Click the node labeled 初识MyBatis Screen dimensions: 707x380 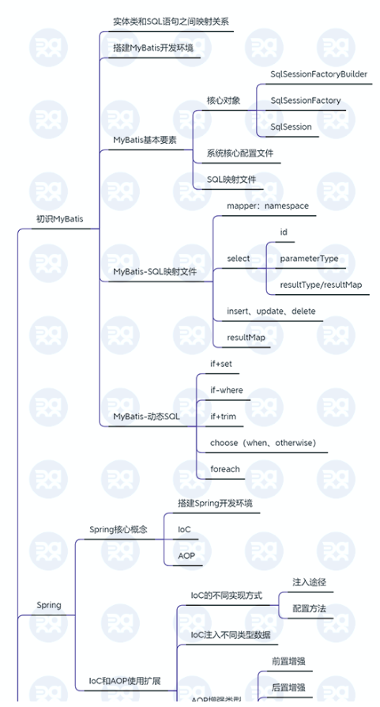[59, 219]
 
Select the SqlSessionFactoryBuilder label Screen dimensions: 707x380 [318, 74]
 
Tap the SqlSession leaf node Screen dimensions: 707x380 [291, 127]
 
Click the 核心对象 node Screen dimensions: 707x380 [224, 100]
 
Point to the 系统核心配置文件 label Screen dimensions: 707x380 [240, 153]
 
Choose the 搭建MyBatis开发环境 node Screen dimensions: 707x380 [152, 47]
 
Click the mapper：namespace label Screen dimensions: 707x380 [267, 206]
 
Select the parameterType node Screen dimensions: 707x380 [309, 259]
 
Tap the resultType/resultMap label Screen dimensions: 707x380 [321, 285]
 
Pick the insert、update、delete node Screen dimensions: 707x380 [271, 311]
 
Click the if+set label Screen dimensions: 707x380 [221, 364]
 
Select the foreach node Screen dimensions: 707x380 [225, 469]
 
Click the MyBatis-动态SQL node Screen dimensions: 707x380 [146, 416]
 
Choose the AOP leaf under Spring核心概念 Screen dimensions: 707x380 [186, 556]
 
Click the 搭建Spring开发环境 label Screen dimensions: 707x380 [215, 503]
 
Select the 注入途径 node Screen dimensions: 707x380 [309, 582]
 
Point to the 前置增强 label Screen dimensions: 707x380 [288, 660]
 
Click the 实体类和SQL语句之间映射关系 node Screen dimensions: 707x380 [171, 21]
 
